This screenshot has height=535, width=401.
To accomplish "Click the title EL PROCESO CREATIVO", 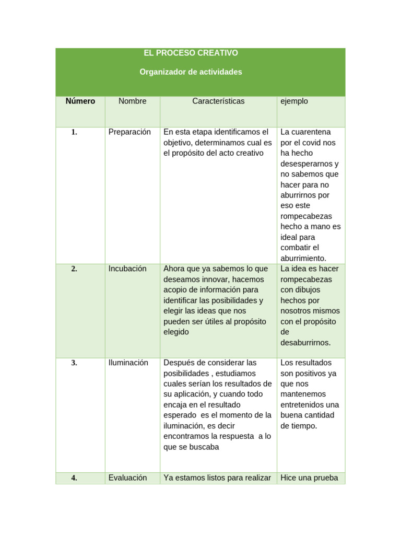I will pos(191,53).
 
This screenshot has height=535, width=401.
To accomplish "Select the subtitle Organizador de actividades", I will pos(191,72).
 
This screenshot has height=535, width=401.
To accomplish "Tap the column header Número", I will pos(80,101).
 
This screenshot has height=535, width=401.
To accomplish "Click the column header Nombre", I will pos(133,101).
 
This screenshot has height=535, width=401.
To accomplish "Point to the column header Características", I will pos(218,101).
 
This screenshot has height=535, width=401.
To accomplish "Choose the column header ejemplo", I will pos(294,101).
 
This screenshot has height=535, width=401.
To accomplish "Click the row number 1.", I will pos(75,132).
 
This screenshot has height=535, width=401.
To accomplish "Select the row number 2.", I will pos(75,269).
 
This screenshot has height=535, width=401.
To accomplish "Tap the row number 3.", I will pos(75,363).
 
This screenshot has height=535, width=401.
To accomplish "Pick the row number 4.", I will pos(75,478).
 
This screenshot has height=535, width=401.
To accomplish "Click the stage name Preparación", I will pos(129,132).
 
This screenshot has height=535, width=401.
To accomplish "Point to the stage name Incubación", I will pos(127,269).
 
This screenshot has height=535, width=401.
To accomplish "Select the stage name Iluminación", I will pos(128,363).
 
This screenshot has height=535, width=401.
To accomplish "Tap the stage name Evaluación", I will pos(127,478).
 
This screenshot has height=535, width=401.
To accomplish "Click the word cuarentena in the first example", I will pos(313,132).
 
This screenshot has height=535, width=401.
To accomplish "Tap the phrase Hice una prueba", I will pos(309,478).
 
